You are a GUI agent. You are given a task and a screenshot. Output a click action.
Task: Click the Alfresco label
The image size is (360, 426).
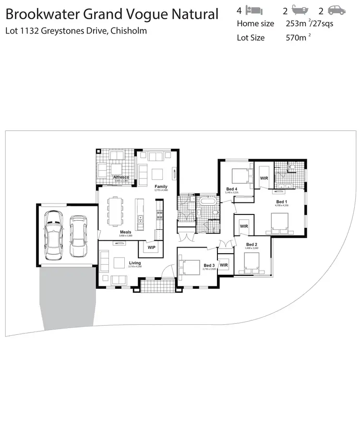pyautogui.click(x=119, y=177)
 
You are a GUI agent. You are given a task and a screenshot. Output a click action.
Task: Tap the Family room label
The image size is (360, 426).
pyautogui.click(x=161, y=186)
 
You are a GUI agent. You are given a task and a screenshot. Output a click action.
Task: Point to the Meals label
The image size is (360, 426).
pyautogui.click(x=125, y=232)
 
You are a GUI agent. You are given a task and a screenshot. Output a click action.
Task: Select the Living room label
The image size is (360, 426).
pyautogui.click(x=135, y=263)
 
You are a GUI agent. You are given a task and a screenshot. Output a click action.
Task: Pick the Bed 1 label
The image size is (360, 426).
pyautogui.click(x=282, y=201)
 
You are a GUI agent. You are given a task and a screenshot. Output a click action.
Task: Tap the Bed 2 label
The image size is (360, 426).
pyautogui.click(x=252, y=245)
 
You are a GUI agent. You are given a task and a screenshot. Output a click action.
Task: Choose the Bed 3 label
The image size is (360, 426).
pyautogui.click(x=209, y=265)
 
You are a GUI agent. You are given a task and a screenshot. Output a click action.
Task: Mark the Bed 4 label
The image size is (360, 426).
pyautogui.click(x=232, y=189)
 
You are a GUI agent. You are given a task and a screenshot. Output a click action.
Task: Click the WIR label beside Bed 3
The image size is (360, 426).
pyautogui.click(x=224, y=265)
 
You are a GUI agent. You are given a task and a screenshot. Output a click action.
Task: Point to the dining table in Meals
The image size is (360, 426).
pyautogui.click(x=115, y=211)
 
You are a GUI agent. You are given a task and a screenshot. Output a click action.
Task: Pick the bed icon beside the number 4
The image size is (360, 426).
pyautogui.click(x=254, y=10)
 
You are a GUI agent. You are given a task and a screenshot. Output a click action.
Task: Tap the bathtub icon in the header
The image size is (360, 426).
pyautogui.click(x=299, y=10)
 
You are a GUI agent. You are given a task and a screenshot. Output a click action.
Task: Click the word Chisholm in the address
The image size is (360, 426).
pyautogui.click(x=130, y=31)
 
